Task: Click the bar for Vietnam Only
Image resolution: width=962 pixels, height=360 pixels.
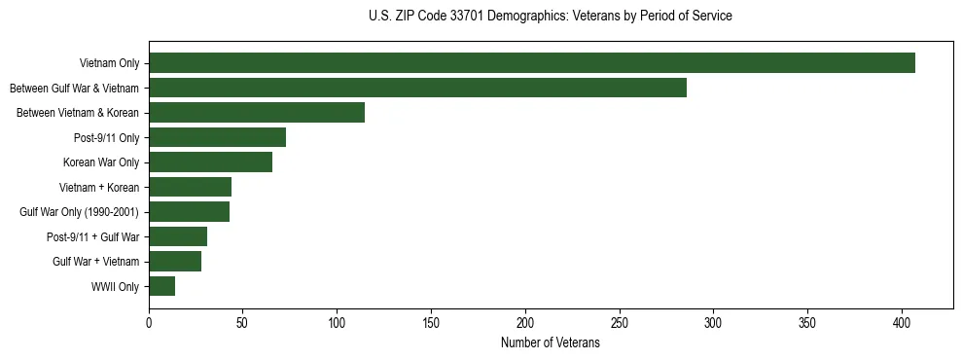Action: [532, 63]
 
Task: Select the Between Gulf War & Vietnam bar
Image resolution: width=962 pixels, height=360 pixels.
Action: [417, 88]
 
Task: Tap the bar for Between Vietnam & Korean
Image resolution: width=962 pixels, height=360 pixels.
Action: [257, 113]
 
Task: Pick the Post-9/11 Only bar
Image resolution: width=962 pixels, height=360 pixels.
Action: [217, 137]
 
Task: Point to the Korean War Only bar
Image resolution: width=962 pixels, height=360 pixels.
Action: [210, 162]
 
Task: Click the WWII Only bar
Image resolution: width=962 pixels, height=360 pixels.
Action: [161, 286]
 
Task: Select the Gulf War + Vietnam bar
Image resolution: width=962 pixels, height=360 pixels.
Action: [175, 262]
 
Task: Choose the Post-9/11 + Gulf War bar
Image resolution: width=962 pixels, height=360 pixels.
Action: [178, 236]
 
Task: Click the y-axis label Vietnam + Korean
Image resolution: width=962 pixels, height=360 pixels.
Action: [99, 187]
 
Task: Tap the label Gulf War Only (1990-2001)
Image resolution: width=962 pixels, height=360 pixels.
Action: [79, 212]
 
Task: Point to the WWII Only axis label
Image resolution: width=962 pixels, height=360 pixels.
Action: [115, 287]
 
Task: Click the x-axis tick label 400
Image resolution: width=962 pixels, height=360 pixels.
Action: [902, 321]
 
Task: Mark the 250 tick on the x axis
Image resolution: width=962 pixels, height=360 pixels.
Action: [620, 321]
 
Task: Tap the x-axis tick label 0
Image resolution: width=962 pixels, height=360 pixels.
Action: [149, 321]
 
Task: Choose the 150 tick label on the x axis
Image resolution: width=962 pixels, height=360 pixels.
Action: [431, 321]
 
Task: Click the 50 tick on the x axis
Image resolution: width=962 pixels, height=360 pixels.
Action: [243, 321]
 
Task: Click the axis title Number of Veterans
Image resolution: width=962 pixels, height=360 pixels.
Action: [550, 343]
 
